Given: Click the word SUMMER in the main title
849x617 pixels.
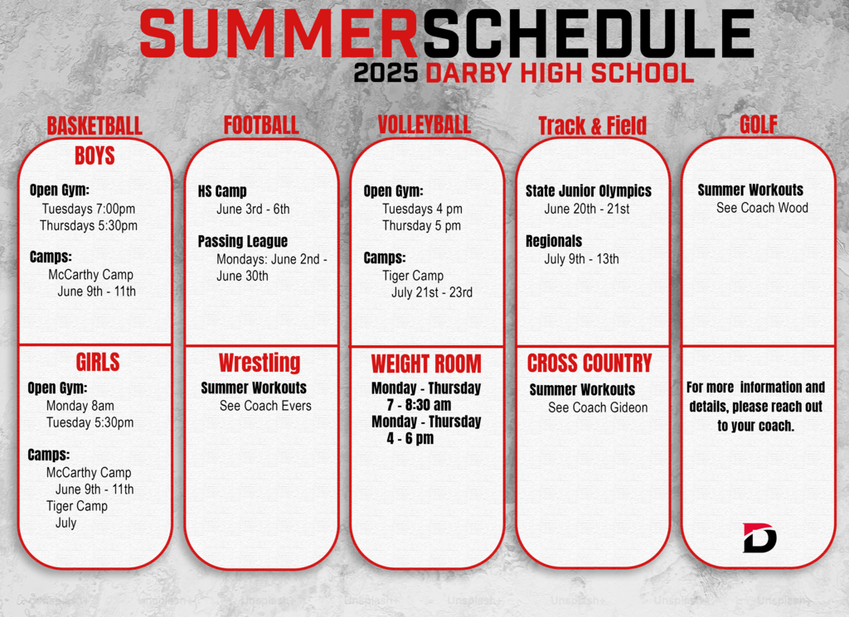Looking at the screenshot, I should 279,34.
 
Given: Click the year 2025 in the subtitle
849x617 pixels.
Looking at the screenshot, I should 386,73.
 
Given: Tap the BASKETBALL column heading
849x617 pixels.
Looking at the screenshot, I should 95,126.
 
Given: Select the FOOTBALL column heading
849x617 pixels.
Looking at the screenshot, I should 261,125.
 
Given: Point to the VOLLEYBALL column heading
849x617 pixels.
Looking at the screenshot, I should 424,125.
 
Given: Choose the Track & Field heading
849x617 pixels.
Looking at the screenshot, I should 592,126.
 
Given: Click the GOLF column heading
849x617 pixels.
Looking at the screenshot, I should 758,124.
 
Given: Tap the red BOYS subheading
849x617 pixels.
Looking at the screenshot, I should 95,155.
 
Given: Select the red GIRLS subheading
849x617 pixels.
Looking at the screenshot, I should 98,362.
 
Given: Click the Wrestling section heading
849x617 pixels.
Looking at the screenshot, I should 260,363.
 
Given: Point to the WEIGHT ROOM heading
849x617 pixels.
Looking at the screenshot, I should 425,364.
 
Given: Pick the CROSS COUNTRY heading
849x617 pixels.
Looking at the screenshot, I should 589,363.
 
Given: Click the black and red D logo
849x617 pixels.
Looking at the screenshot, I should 759,537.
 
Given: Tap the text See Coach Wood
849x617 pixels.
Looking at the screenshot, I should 762,208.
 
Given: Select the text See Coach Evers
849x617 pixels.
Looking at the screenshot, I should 265,406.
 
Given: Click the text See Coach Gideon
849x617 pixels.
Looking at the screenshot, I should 598,407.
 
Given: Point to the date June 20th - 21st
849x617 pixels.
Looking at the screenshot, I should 586,209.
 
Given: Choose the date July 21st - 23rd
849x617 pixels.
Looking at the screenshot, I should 432,292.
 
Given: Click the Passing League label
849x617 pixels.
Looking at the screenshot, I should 243,241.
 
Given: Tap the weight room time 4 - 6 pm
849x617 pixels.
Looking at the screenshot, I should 410,439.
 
